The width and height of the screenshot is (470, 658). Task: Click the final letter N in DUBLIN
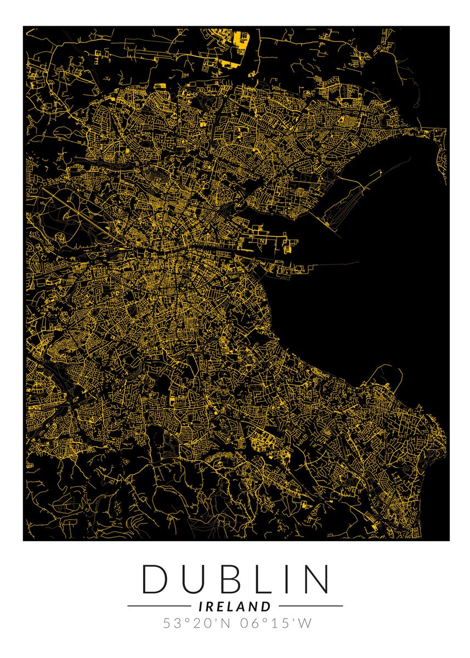click(315, 579)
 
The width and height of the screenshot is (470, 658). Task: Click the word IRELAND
click(235, 606)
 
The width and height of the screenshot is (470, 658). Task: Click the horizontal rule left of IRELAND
click(159, 606)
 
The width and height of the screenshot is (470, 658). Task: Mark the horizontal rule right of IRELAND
click(310, 606)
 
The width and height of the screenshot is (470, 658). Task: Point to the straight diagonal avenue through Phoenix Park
click(82, 211)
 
